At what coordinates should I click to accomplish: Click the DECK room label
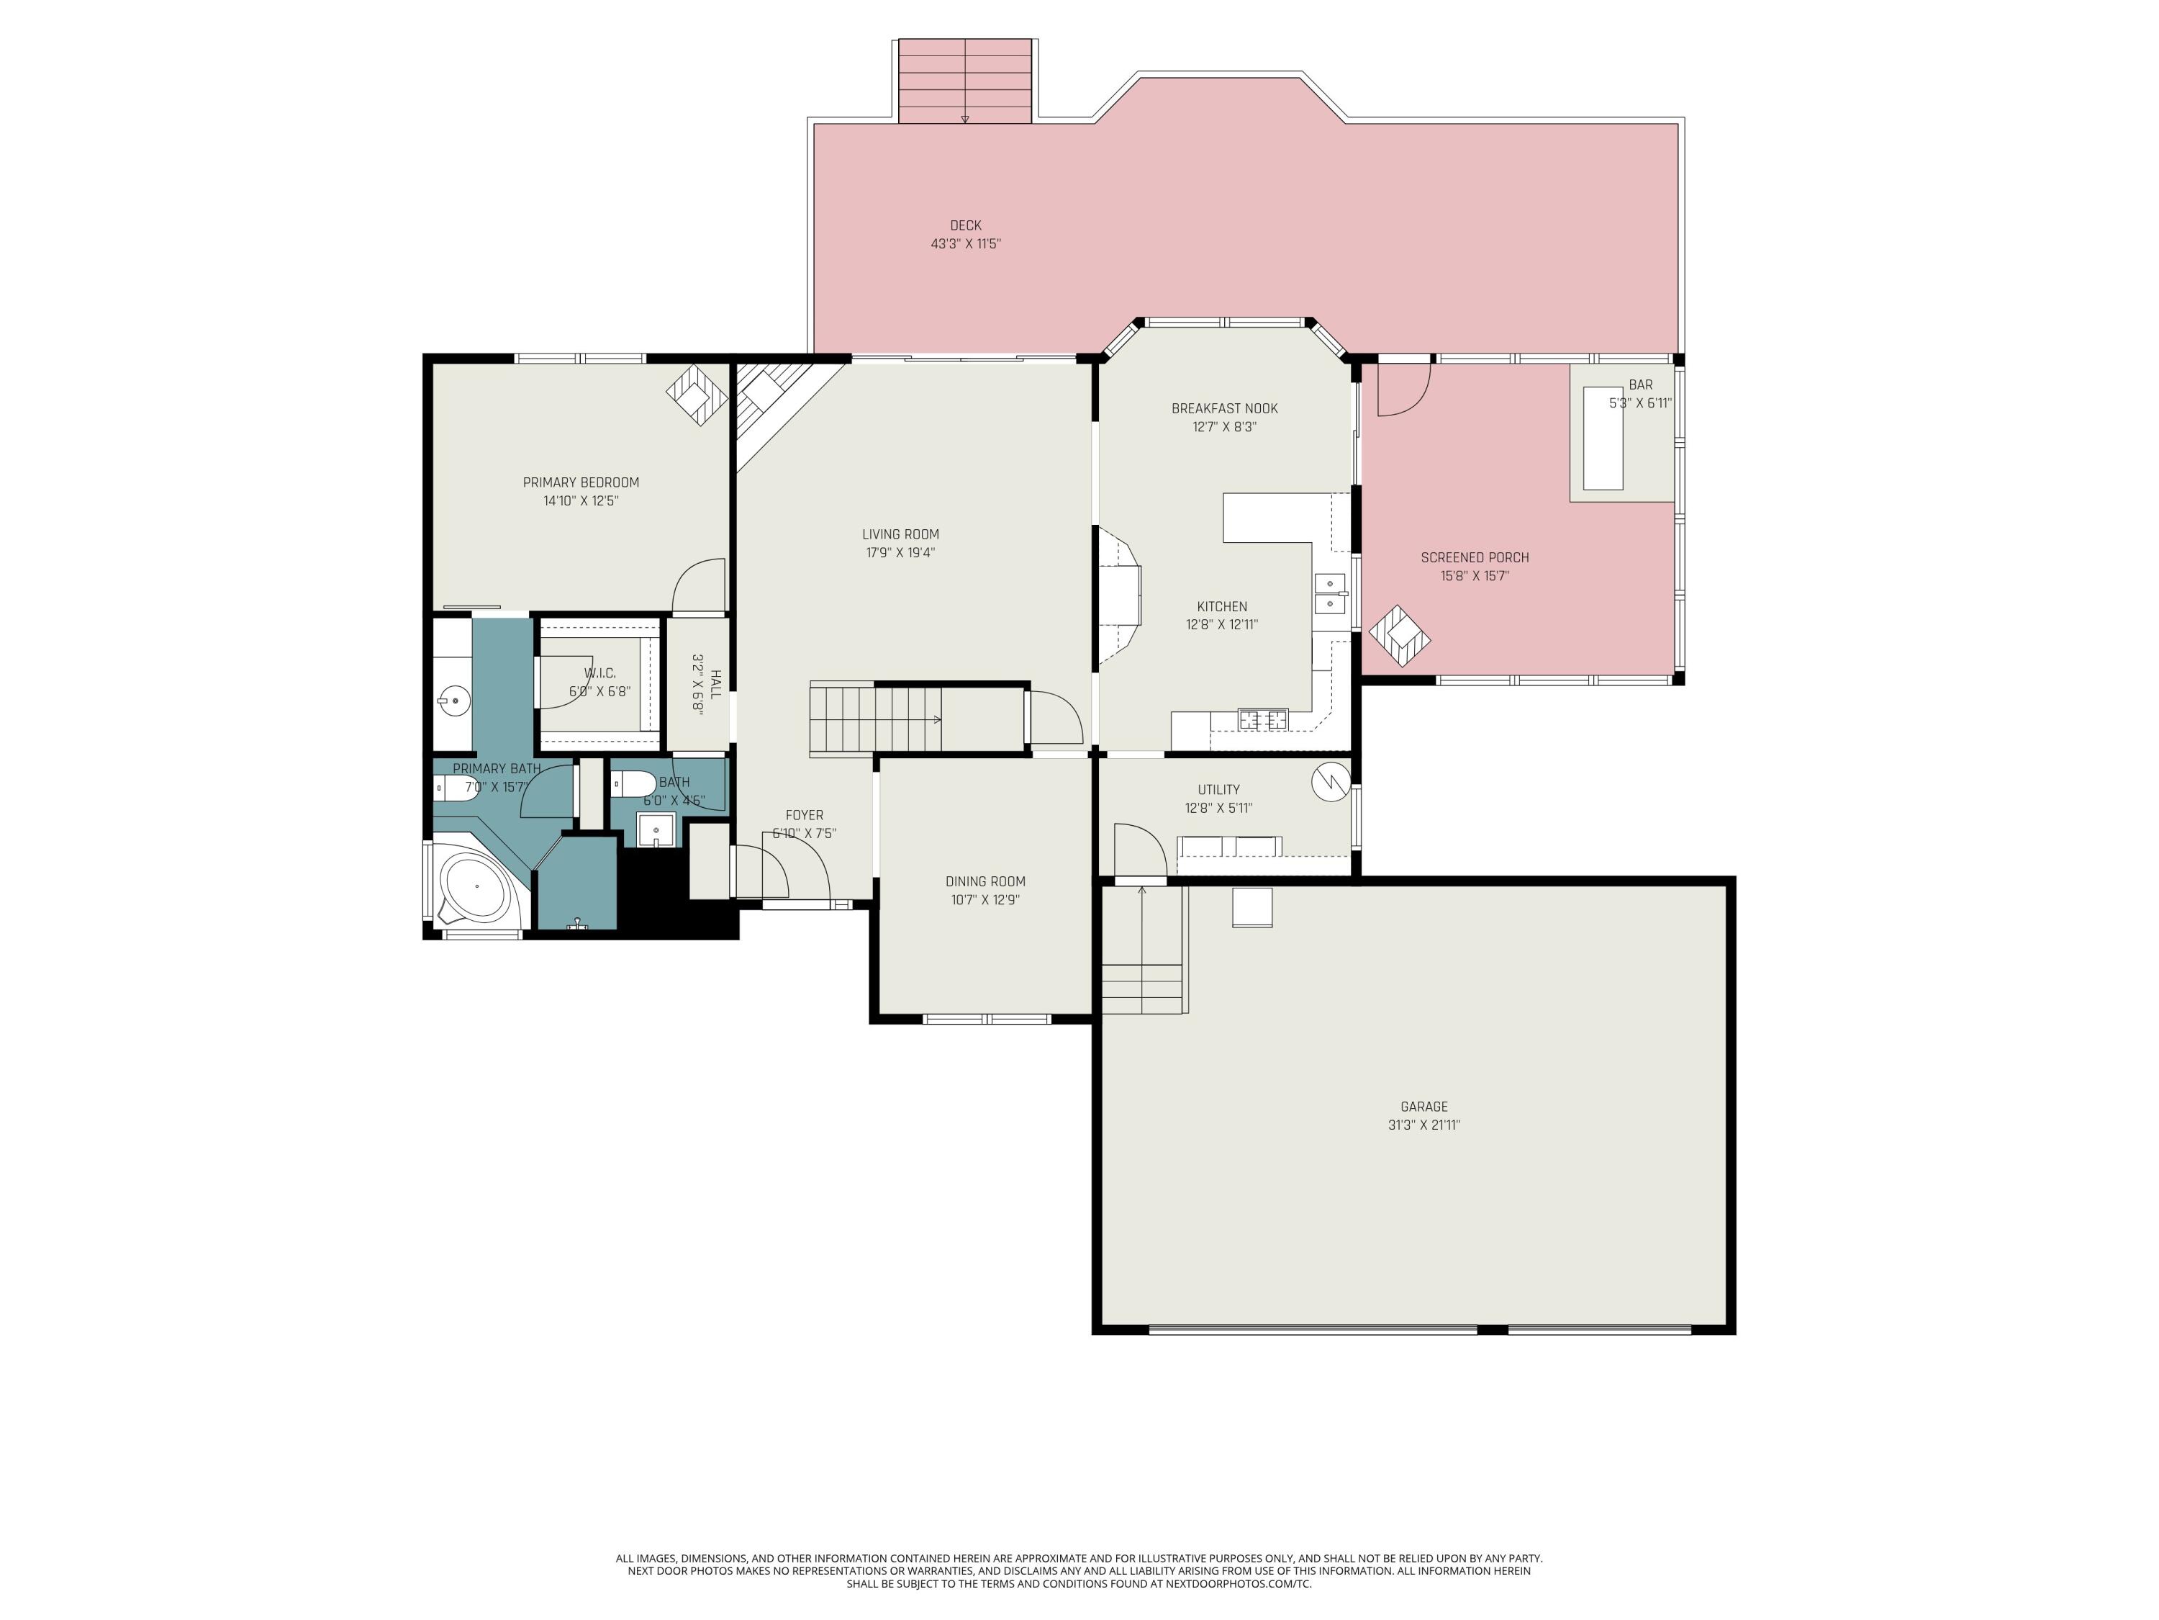[x=964, y=225]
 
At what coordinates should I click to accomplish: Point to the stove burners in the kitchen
[x=1263, y=721]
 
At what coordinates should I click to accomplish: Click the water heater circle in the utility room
[x=1329, y=781]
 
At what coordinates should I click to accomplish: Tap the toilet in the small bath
[x=635, y=784]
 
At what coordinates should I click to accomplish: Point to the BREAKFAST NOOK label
[x=1224, y=408]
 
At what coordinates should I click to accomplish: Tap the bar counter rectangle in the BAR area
[x=1603, y=438]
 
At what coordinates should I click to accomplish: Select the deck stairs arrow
[x=964, y=117]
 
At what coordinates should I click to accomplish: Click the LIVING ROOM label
[x=900, y=534]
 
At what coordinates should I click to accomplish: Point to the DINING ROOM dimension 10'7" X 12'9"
[x=985, y=899]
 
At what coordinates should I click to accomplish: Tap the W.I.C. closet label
[x=599, y=672]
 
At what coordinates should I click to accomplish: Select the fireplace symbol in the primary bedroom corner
[x=697, y=394]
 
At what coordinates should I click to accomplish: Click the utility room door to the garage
[x=1140, y=852]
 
